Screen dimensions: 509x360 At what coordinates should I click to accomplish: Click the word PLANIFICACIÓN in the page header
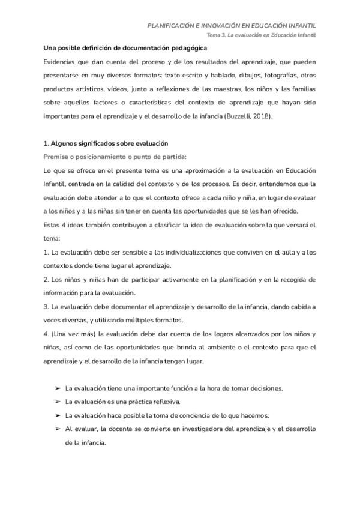172,26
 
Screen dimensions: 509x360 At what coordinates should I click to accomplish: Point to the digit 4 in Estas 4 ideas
64,225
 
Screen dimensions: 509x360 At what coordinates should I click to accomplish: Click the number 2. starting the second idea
46,280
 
